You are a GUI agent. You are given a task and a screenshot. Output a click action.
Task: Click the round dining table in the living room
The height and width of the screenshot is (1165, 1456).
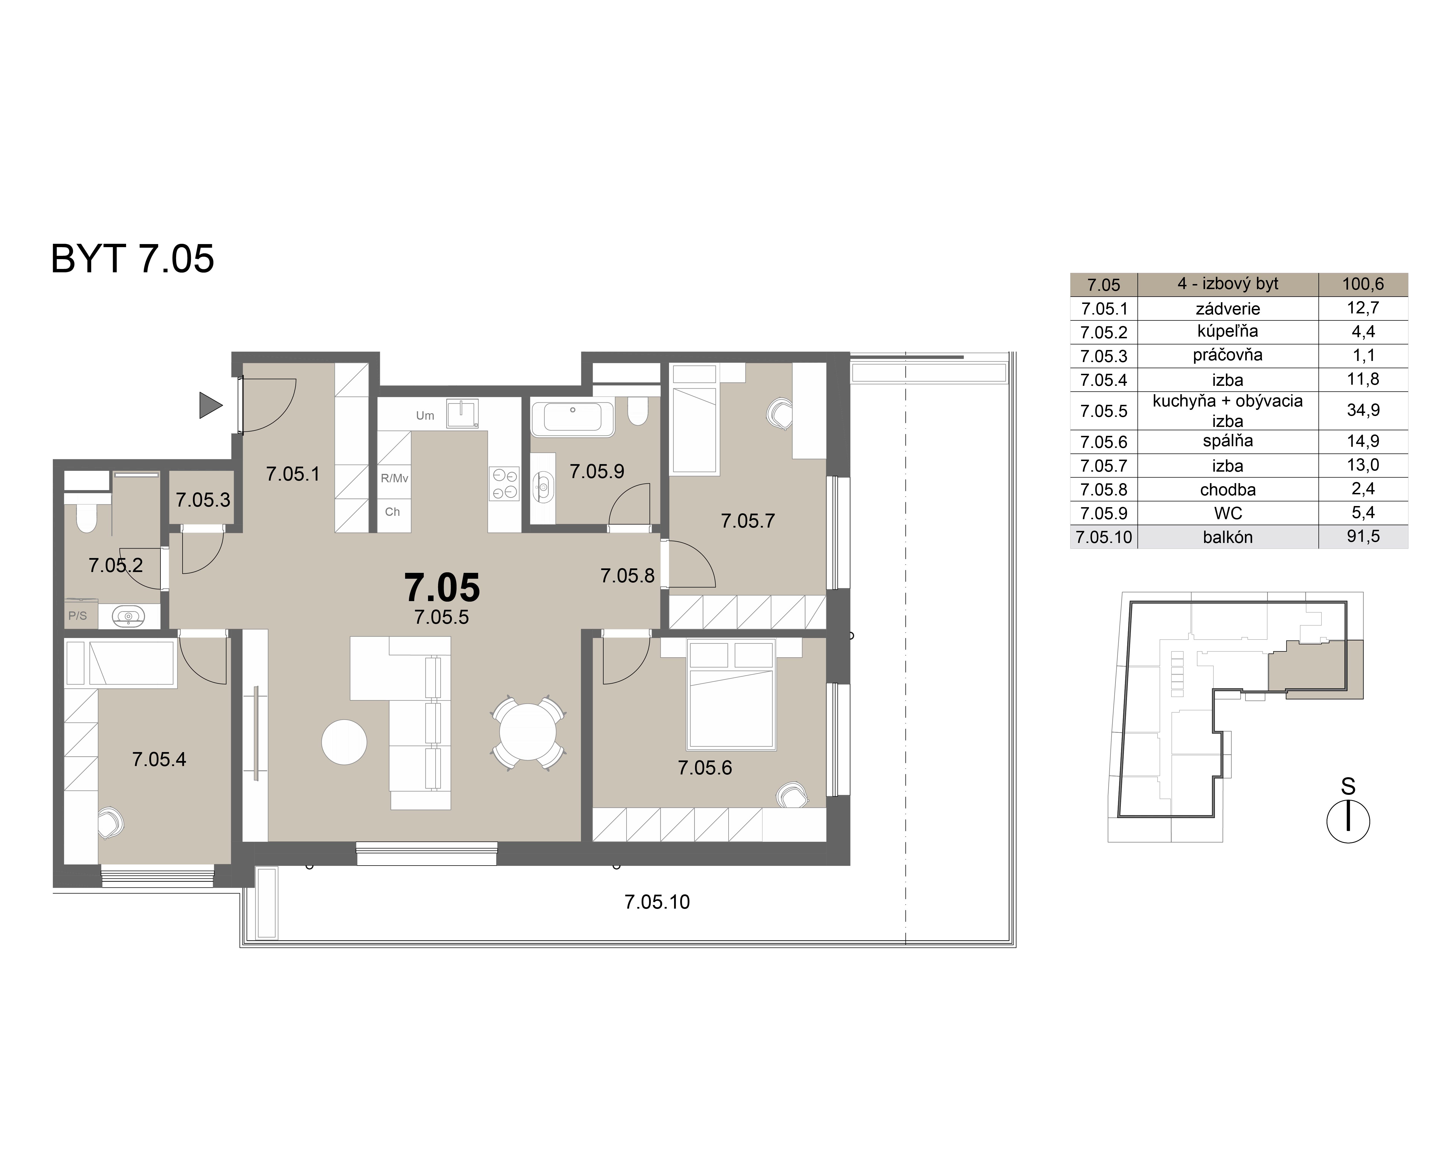tap(528, 732)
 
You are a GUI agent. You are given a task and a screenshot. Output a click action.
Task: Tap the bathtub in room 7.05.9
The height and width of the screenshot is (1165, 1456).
tap(572, 417)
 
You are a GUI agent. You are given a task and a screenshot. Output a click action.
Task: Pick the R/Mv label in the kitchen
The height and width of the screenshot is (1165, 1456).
tap(394, 478)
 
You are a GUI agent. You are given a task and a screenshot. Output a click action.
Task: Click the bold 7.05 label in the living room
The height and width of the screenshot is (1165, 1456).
tap(442, 587)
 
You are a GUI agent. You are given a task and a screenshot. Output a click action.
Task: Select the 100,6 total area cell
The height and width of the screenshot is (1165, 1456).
tap(1363, 284)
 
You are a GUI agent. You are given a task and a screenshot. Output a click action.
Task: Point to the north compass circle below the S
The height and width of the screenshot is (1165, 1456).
tap(1348, 822)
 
